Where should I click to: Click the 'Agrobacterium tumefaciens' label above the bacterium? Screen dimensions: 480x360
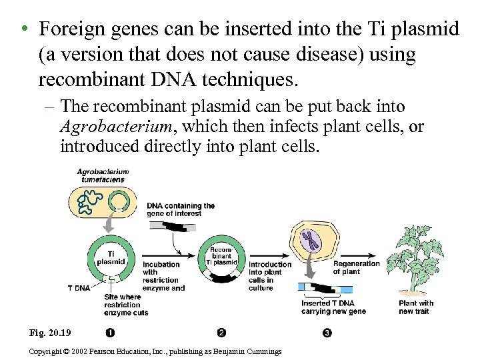coord(103,175)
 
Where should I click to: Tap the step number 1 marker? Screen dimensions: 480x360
coord(109,332)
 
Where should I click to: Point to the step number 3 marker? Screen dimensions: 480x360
coord(327,332)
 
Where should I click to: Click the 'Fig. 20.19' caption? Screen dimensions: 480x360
coord(51,333)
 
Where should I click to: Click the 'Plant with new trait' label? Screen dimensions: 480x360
coord(415,307)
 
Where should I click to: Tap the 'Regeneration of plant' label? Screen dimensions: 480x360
coord(356,267)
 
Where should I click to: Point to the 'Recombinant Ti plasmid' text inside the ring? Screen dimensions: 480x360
coord(221,256)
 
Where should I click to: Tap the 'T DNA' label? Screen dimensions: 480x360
coord(79,288)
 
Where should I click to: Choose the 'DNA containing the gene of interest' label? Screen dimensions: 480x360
coord(181,209)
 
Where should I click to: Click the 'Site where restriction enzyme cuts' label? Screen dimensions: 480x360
coord(126,304)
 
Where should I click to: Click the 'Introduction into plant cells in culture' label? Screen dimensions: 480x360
coord(270,276)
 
